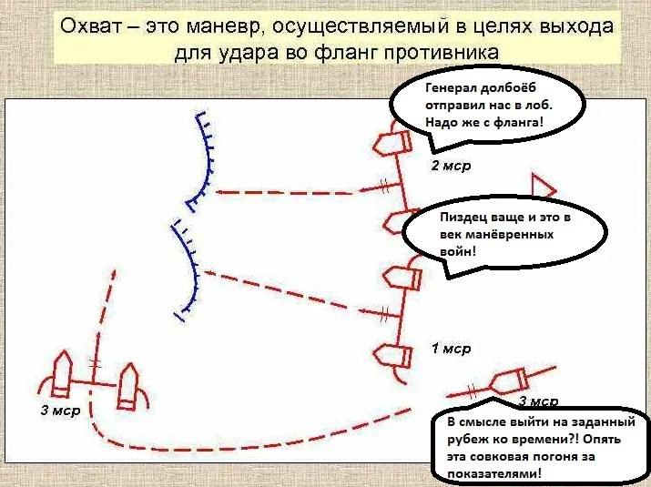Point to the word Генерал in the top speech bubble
[453, 90]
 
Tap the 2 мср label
[450, 167]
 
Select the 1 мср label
[450, 349]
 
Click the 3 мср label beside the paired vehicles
[60, 411]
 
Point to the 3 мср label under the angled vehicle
[538, 401]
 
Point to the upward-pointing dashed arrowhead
[113, 275]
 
